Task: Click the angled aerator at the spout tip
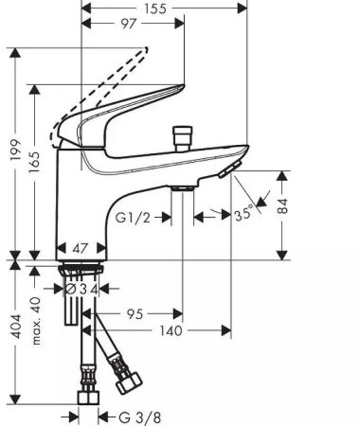pos(228,169)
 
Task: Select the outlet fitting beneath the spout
pos(183,188)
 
